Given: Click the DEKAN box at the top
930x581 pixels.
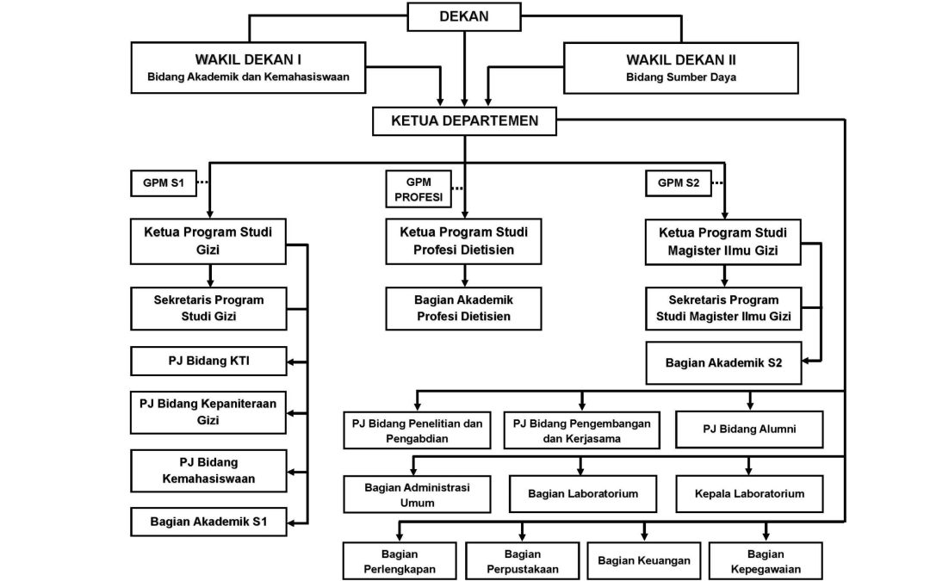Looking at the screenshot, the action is click(464, 16).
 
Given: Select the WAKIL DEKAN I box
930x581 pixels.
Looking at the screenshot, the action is click(248, 68).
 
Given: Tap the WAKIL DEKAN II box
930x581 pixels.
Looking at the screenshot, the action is click(681, 68).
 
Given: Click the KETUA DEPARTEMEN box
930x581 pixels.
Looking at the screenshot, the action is click(464, 121).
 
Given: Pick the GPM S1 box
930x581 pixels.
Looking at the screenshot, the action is click(163, 183).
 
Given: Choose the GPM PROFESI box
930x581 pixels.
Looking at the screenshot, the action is click(418, 189).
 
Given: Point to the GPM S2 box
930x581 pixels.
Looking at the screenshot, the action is click(678, 183).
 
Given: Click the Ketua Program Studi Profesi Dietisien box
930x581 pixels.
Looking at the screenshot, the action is click(463, 241).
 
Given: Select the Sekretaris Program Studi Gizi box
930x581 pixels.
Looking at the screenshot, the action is click(208, 308).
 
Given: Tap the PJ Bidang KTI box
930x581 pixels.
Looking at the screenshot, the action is click(208, 361).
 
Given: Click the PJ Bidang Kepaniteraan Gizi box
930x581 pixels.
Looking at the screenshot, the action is click(208, 412).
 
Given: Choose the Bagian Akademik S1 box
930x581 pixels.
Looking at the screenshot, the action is click(208, 522).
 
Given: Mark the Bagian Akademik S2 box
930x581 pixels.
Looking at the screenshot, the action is click(723, 363).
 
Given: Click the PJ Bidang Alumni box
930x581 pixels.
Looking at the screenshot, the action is click(749, 430).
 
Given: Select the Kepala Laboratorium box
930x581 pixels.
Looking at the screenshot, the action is click(749, 494).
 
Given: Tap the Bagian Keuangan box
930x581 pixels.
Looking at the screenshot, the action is click(643, 561).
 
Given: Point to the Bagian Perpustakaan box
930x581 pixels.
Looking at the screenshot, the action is click(522, 561).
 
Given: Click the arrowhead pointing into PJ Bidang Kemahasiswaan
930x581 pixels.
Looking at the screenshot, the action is click(293, 473).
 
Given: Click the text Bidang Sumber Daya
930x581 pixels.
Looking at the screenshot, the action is click(681, 77).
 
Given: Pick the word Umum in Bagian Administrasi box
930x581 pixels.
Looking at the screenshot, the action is click(417, 503).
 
